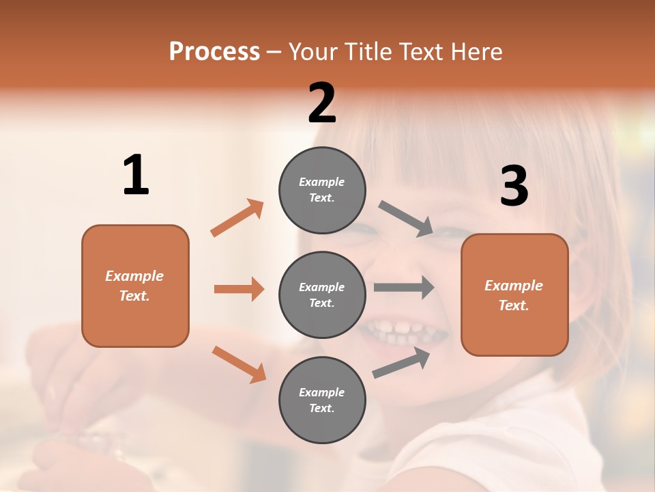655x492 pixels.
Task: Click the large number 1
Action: point(136,175)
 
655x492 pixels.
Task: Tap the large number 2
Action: point(322,103)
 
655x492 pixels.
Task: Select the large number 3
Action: point(514,187)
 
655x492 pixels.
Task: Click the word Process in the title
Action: point(214,51)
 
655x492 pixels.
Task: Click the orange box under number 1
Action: point(135,286)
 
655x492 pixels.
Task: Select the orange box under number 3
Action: point(514,295)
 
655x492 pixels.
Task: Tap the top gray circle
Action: point(322,190)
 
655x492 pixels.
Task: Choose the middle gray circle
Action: point(322,295)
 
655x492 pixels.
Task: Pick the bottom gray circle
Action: point(322,400)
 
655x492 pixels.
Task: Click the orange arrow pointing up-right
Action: point(237,218)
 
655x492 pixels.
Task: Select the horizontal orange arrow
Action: point(239,289)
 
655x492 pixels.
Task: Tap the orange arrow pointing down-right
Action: point(239,364)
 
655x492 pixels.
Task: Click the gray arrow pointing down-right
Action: point(406,219)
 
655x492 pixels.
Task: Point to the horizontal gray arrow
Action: point(404,287)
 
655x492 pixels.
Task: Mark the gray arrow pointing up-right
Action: point(402,362)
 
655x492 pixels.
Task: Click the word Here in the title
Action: point(476,51)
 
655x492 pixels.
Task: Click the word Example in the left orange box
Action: point(134,276)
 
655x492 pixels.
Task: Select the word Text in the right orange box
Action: point(513,305)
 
